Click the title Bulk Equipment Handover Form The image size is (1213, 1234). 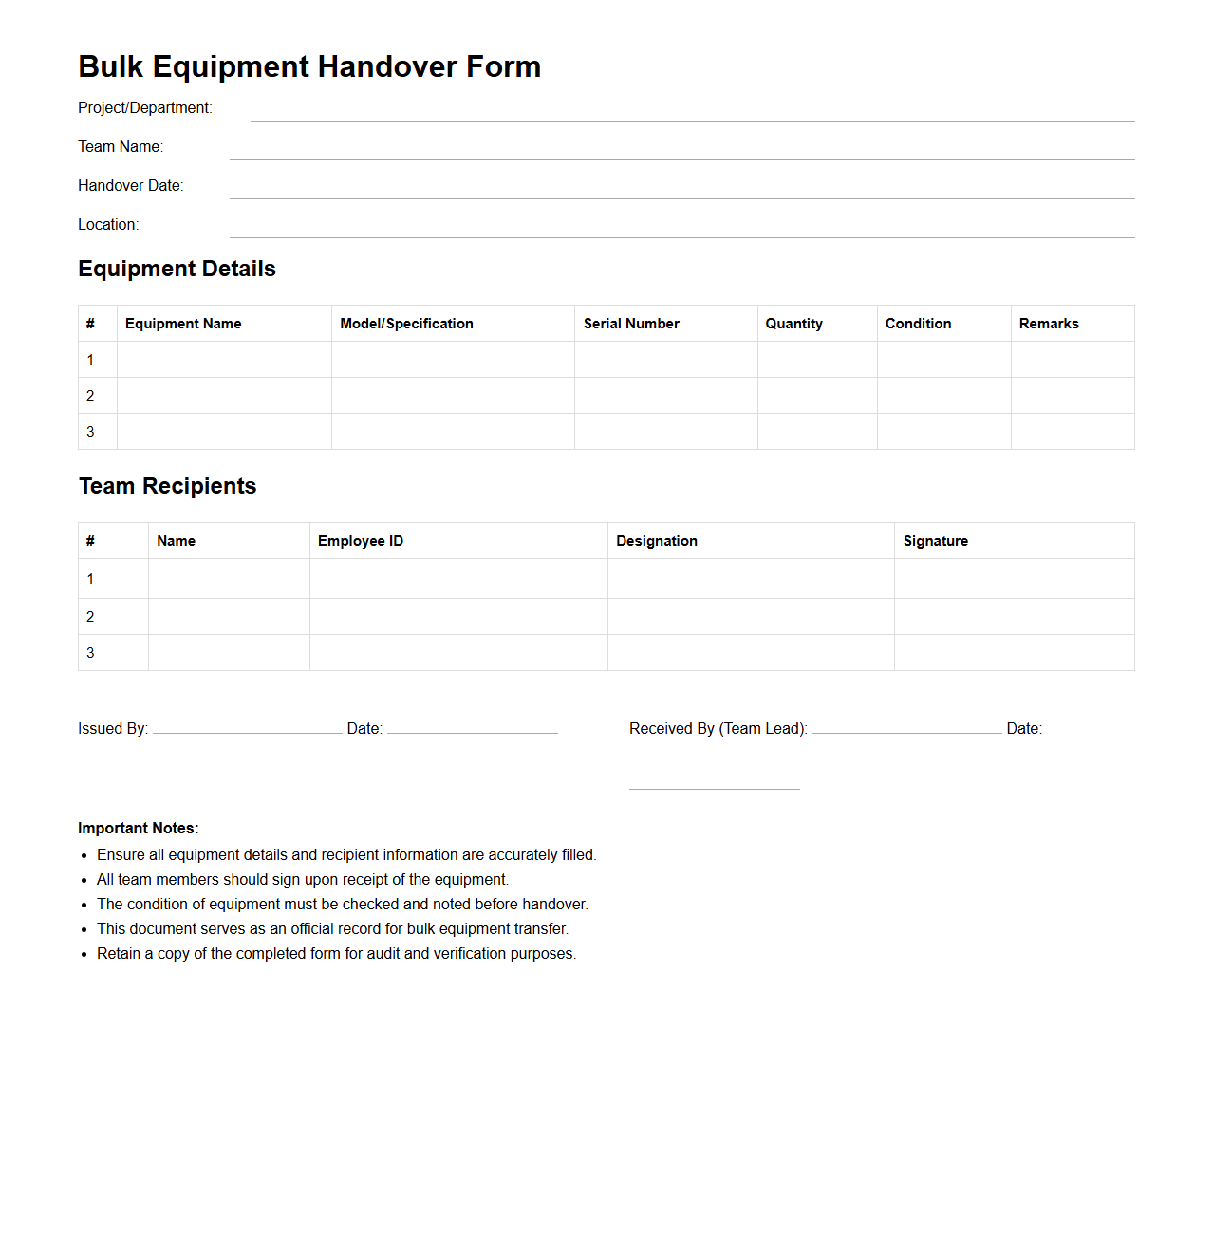tap(309, 66)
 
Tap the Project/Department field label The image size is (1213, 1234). tap(144, 108)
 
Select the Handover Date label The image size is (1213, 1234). tap(130, 186)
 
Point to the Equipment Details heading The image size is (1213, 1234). tap(177, 269)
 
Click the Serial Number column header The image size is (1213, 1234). tap(631, 324)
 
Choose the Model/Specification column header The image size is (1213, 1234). tap(406, 324)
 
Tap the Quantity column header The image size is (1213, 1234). tap(793, 324)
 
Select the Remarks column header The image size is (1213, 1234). tap(1049, 324)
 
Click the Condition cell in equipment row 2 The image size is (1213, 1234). tap(943, 396)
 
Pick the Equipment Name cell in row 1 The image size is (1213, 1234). tap(224, 360)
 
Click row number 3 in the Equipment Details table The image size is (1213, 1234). tap(91, 432)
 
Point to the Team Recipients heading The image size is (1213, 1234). tap(168, 486)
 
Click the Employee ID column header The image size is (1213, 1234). tap(361, 541)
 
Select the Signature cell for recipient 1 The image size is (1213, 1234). tap(1014, 579)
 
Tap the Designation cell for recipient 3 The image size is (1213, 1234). tap(751, 653)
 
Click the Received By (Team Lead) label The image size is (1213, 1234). tap(718, 729)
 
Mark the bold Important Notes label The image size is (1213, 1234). tap(139, 829)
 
